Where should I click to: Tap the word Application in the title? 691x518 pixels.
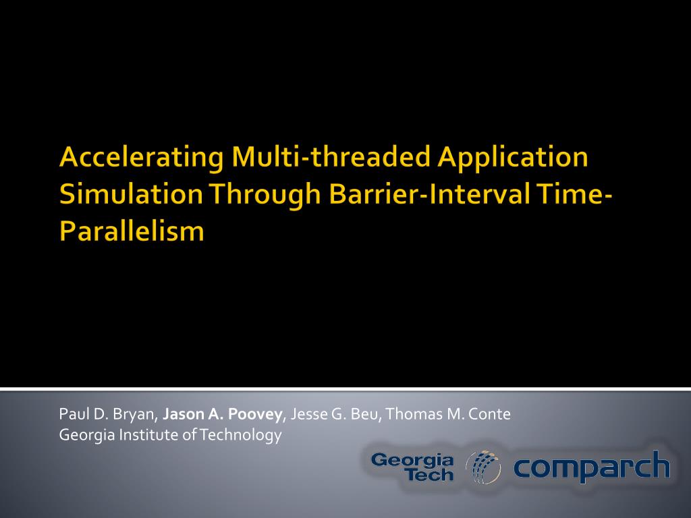513,158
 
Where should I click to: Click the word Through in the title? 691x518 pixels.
265,195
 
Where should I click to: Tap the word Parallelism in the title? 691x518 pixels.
132,231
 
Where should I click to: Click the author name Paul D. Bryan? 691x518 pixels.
107,415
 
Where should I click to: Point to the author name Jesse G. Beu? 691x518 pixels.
335,414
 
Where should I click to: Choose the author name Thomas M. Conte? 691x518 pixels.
448,414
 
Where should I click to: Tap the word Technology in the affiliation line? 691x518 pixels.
240,436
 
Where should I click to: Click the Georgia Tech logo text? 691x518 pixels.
412,467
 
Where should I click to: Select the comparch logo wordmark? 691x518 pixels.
592,467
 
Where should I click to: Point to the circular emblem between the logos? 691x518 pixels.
483,467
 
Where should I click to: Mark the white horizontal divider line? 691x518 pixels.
345,389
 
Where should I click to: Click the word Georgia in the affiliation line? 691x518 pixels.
87,436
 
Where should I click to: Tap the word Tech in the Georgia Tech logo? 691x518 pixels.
430,475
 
